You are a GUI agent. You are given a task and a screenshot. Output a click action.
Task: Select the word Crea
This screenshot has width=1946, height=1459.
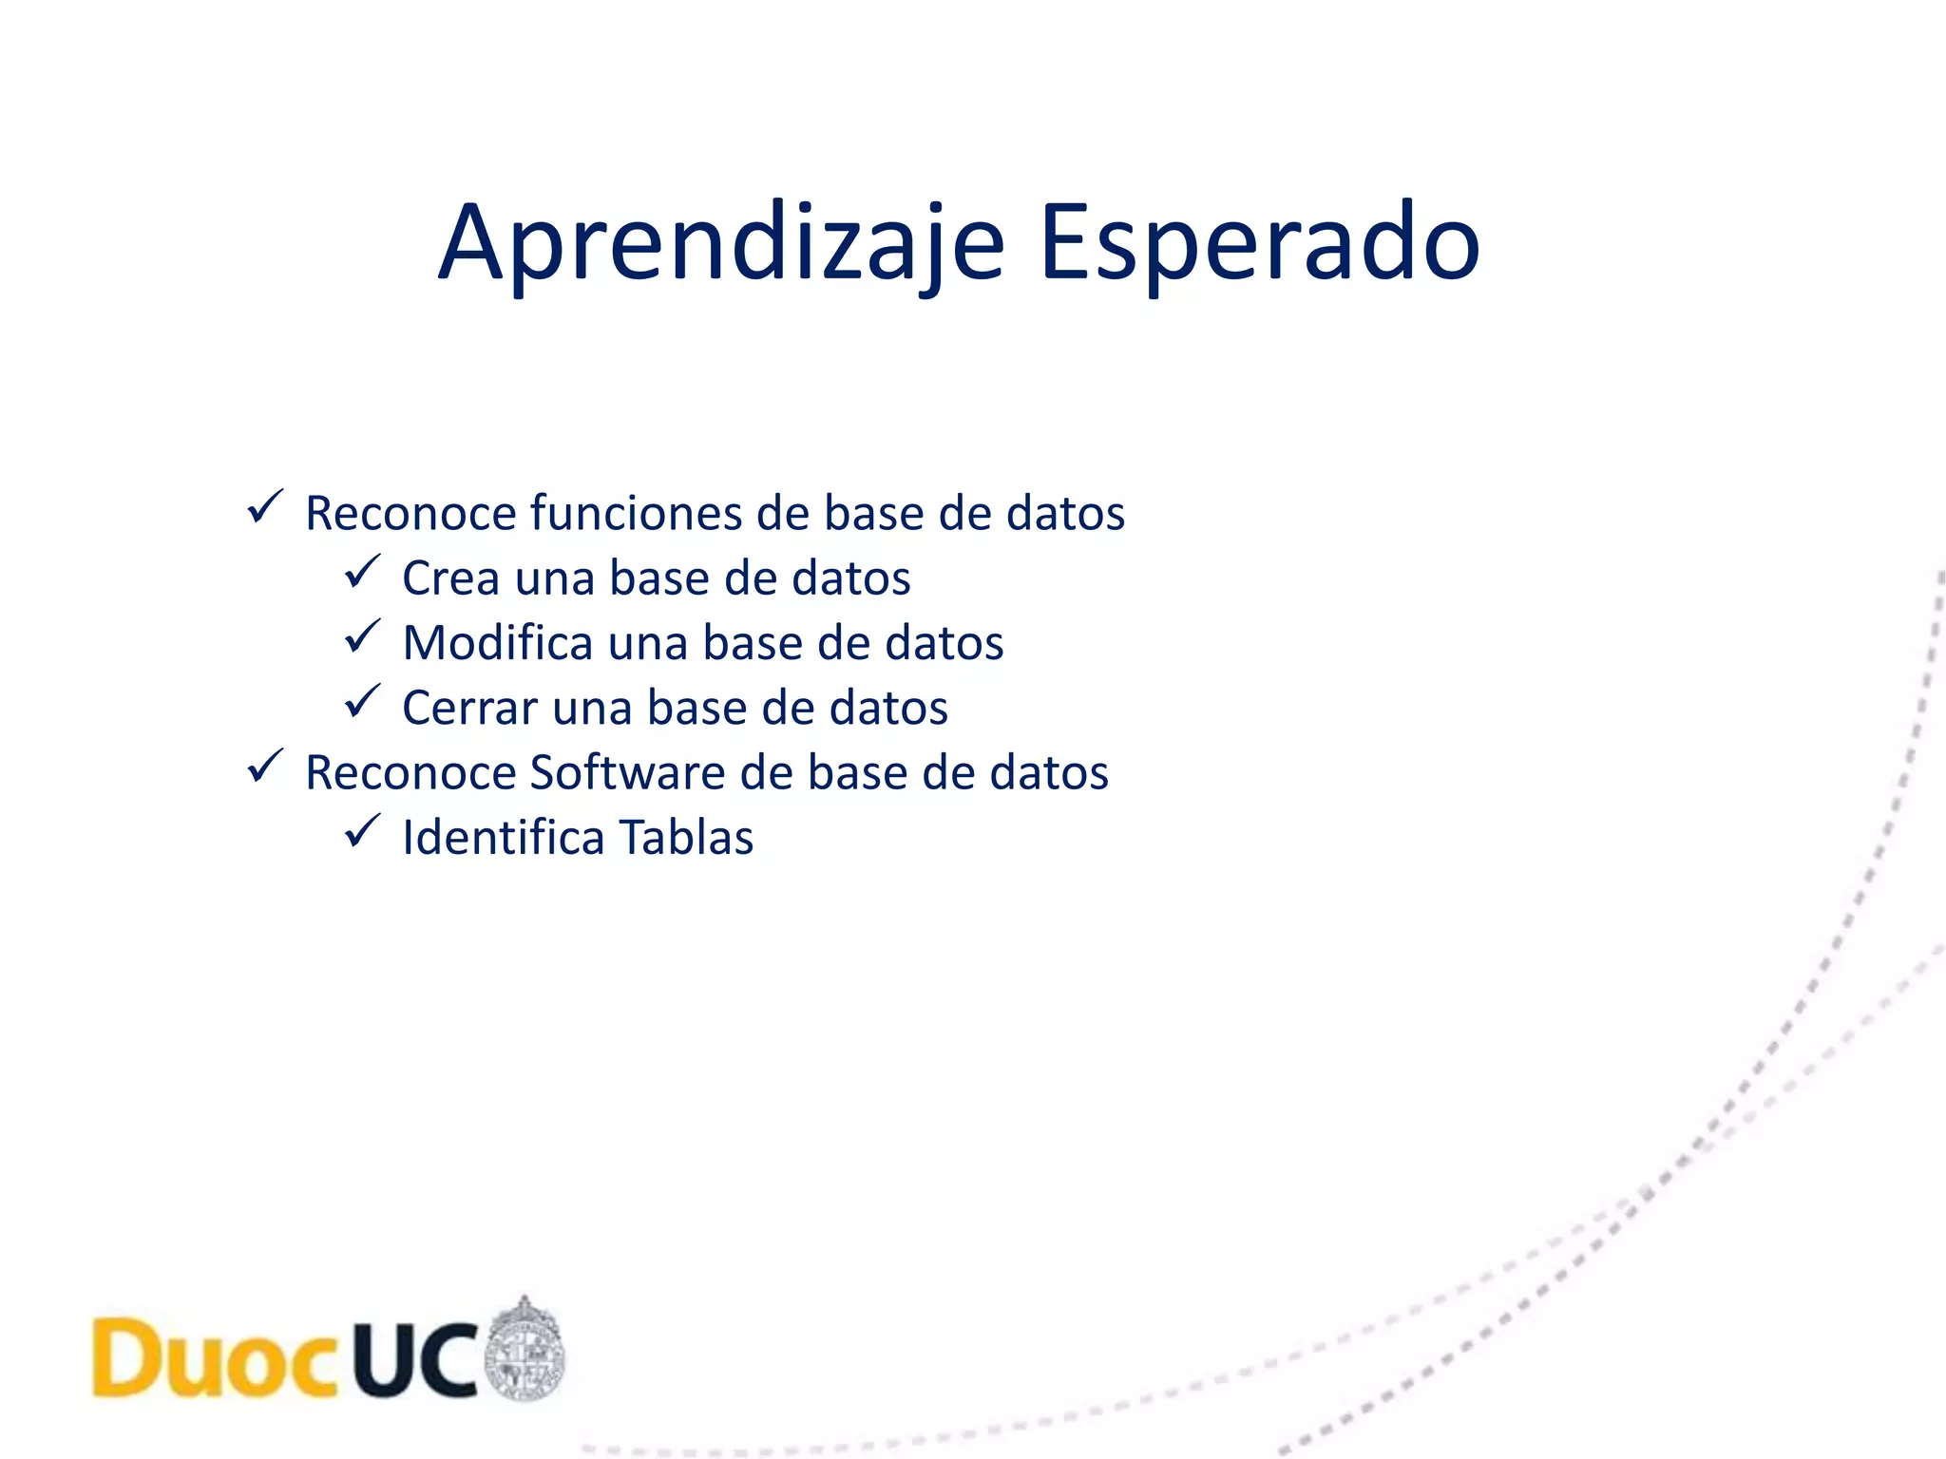point(450,578)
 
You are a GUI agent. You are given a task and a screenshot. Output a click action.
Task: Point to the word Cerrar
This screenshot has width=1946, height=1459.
point(469,709)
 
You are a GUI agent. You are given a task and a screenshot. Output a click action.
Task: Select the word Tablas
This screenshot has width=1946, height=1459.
point(686,838)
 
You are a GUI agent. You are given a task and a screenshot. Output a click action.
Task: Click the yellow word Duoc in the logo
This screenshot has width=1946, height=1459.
point(215,1359)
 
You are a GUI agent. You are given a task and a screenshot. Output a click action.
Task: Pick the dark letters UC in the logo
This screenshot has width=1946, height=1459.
point(415,1359)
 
